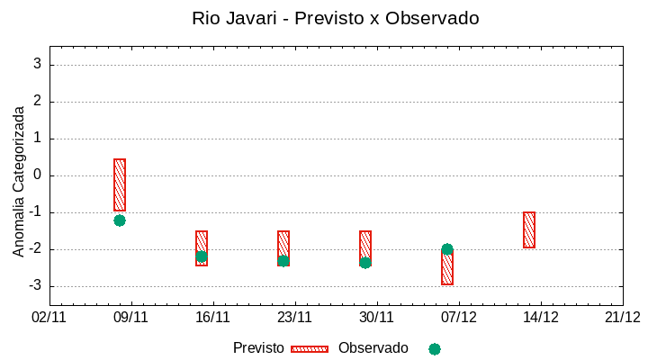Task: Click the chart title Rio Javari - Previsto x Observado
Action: tap(336, 18)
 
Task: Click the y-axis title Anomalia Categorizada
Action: tap(18, 182)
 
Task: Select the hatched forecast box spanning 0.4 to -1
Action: tap(120, 184)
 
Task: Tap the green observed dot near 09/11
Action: tap(120, 220)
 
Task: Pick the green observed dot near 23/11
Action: tap(283, 261)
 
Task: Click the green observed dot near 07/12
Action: tap(447, 249)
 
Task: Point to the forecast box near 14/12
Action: tap(529, 229)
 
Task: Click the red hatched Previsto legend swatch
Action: tap(310, 348)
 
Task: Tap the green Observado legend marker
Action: tap(435, 348)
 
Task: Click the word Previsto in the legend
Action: tap(258, 348)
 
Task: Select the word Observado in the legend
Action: tap(373, 348)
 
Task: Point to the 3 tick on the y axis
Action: tap(38, 65)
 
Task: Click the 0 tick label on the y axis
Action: tap(38, 175)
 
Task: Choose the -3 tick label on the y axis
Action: tap(35, 286)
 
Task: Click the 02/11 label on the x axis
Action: tap(49, 317)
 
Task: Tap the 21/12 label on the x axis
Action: tap(622, 317)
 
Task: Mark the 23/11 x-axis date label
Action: tap(294, 317)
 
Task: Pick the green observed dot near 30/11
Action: tap(365, 263)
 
